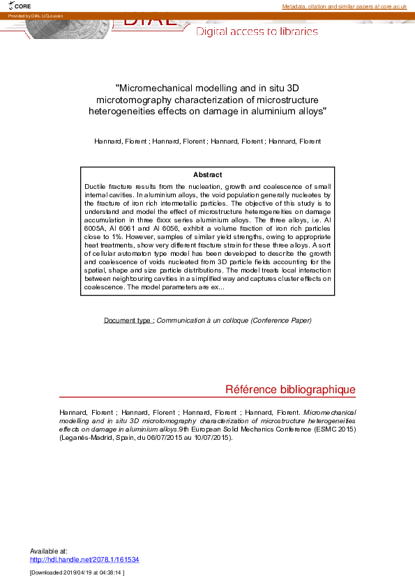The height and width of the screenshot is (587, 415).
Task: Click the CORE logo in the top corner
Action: tap(21, 6)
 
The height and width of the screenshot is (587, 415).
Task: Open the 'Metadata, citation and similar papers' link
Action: tap(344, 6)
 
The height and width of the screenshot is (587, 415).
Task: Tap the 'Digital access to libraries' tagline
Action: tap(257, 31)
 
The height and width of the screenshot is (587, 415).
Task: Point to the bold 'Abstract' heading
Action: tap(208, 174)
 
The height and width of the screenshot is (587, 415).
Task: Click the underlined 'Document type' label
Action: tap(129, 321)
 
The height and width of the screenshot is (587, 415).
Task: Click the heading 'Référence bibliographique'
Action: tap(291, 390)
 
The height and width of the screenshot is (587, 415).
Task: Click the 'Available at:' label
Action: tap(49, 551)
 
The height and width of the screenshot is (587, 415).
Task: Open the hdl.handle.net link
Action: tap(84, 559)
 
